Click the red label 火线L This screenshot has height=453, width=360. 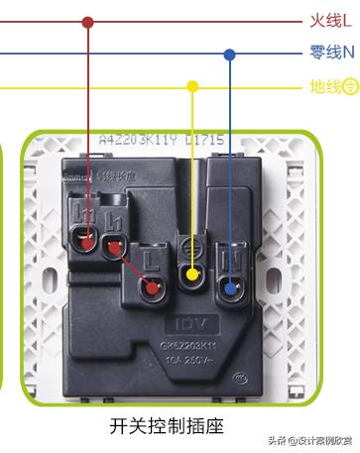(329, 20)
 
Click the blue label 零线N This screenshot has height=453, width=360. (331, 52)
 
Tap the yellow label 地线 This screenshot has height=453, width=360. (324, 86)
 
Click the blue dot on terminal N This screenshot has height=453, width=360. (231, 290)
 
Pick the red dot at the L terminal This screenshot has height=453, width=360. (152, 288)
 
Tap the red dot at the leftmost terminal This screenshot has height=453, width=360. (87, 240)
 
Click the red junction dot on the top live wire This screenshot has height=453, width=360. (87, 21)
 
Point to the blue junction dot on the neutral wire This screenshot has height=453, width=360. (230, 54)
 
